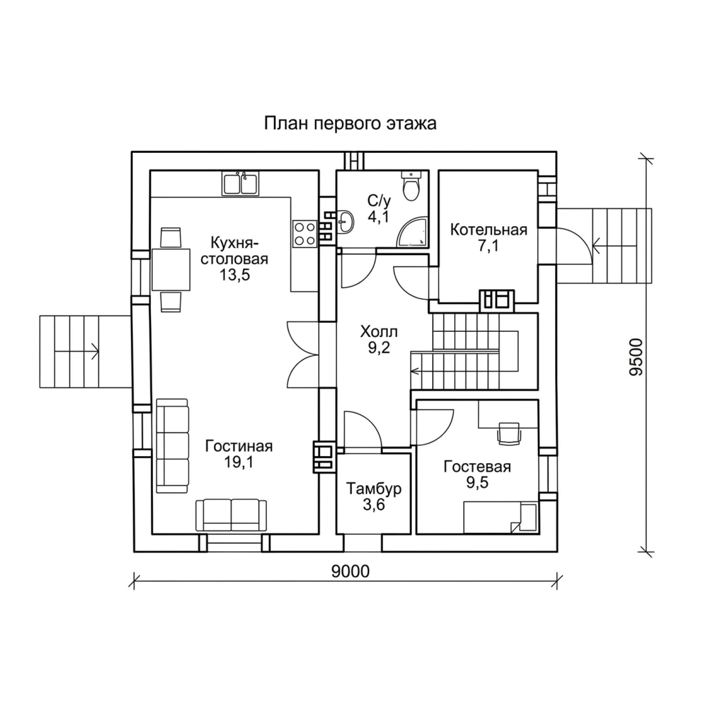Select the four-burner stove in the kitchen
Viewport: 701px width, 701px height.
click(x=305, y=234)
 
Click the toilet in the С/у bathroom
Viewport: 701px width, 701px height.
click(x=412, y=186)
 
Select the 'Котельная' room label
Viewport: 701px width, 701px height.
click(x=488, y=230)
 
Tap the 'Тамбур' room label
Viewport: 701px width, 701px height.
click(x=374, y=489)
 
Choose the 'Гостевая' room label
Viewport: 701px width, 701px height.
click(x=477, y=466)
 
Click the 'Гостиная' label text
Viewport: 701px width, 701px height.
click(x=239, y=446)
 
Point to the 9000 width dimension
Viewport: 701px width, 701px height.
click(x=350, y=571)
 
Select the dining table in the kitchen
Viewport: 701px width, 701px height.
click(x=171, y=269)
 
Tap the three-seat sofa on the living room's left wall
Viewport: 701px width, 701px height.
click(x=172, y=446)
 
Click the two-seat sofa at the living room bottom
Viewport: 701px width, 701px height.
click(x=231, y=515)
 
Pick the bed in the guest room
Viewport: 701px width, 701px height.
click(x=500, y=518)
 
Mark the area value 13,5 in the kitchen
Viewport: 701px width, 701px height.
click(x=235, y=274)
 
